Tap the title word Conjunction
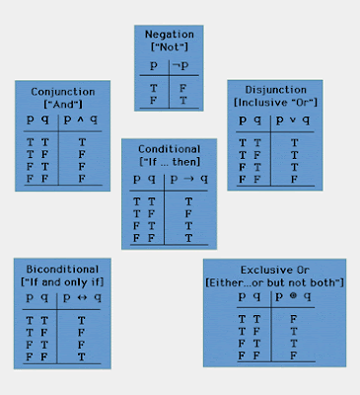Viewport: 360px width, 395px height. pyautogui.click(x=55, y=90)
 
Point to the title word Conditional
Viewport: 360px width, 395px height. pyautogui.click(x=169, y=147)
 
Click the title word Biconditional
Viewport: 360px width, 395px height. pyautogui.click(x=58, y=270)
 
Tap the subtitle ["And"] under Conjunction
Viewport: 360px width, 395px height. pyautogui.click(x=55, y=103)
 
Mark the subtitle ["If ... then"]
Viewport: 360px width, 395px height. pyautogui.click(x=169, y=161)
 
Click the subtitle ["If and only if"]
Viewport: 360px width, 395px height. pyautogui.click(x=58, y=283)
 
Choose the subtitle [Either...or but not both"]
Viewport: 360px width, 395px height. pyautogui.click(x=275, y=282)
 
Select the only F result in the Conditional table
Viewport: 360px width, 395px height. pyautogui.click(x=188, y=213)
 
